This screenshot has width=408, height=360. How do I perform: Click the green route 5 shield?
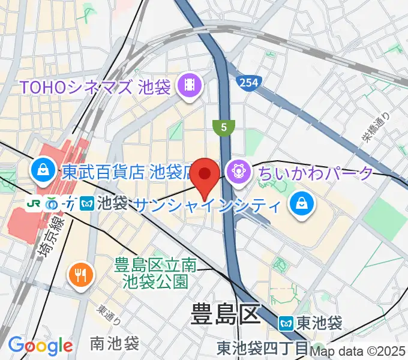(223, 127)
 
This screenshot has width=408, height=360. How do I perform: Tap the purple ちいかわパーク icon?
(239, 173)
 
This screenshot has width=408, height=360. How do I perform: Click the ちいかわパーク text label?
(316, 173)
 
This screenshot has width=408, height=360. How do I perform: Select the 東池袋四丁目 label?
(263, 347)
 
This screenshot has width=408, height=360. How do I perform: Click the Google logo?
(40, 346)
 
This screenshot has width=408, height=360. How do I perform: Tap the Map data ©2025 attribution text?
(359, 351)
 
